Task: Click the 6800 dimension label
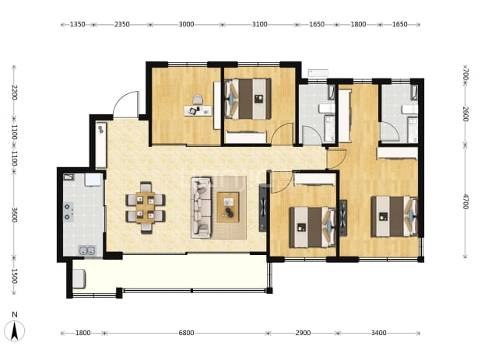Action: click(186, 333)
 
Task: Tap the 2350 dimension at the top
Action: click(121, 24)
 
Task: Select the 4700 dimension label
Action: click(465, 201)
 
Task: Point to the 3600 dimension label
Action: click(14, 215)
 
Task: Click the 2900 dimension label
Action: click(303, 333)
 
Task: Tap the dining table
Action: click(146, 208)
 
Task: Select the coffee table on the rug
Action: click(228, 207)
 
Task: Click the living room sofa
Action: click(202, 208)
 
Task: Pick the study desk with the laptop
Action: click(198, 110)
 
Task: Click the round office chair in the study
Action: click(198, 100)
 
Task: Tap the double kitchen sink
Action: click(87, 250)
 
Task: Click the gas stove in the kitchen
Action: click(68, 212)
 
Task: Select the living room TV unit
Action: click(264, 208)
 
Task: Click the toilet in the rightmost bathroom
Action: click(410, 109)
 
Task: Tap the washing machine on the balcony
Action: click(79, 278)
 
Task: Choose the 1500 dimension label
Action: click(14, 276)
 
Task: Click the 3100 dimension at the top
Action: click(259, 24)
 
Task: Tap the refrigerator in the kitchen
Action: click(93, 180)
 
